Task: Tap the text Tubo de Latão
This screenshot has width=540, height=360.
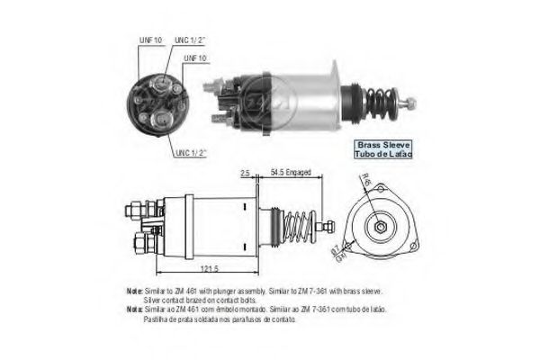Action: click(x=384, y=155)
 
